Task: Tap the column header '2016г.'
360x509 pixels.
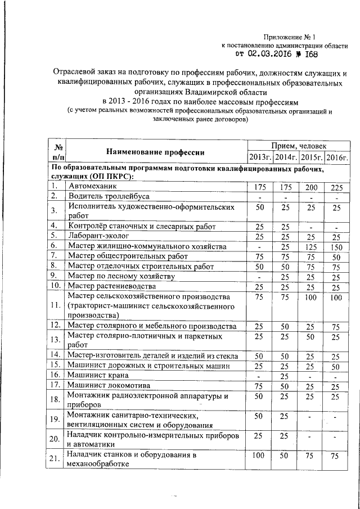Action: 337,156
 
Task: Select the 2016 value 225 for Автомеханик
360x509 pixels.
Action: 336,186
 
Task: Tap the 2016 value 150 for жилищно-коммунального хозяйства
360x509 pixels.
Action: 336,246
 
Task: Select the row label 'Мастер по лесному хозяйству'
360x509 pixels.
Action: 121,276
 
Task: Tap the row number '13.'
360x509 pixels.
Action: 55,339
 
